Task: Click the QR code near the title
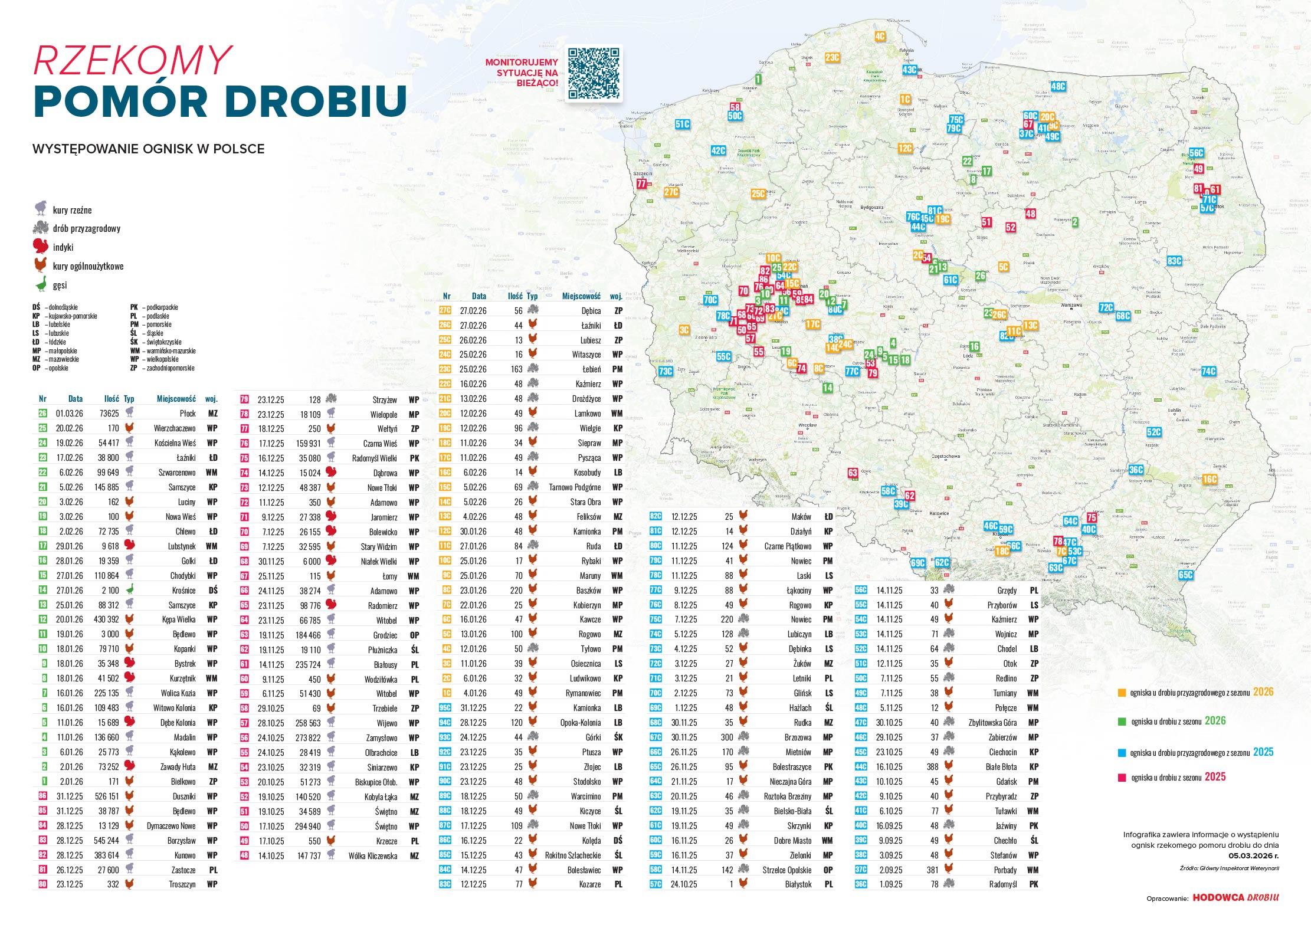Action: click(594, 74)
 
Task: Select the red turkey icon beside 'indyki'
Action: click(40, 246)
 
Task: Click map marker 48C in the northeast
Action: click(1058, 86)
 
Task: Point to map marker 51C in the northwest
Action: click(682, 124)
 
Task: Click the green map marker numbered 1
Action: click(758, 79)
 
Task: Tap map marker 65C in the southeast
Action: click(1185, 575)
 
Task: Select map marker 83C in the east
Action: click(1174, 261)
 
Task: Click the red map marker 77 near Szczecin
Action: click(641, 183)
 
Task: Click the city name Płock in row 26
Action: click(188, 414)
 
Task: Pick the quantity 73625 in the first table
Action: click(109, 414)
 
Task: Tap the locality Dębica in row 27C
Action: click(591, 311)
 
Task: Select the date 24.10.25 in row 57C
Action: click(684, 884)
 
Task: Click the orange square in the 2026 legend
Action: click(1122, 693)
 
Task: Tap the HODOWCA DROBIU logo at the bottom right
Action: click(1235, 897)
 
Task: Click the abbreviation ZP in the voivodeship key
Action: click(134, 368)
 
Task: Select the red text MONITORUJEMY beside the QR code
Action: click(522, 62)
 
